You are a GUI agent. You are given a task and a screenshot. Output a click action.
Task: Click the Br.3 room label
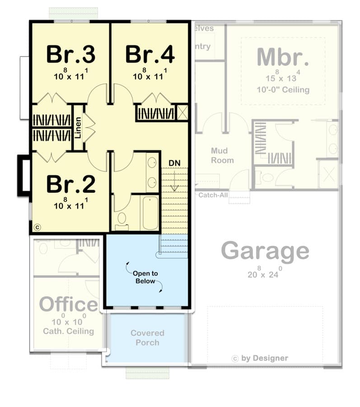click(x=70, y=55)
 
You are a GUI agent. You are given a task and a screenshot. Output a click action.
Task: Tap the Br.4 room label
click(x=150, y=55)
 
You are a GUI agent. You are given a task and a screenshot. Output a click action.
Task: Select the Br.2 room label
click(x=70, y=184)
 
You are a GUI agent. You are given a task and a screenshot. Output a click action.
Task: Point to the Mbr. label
click(x=283, y=57)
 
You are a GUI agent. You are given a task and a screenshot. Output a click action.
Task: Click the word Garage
click(x=265, y=251)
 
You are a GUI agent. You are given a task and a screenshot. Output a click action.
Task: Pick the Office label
click(x=68, y=305)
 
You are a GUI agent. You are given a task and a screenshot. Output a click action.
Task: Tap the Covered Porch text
click(x=147, y=338)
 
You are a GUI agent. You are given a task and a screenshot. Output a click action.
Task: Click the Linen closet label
click(x=78, y=128)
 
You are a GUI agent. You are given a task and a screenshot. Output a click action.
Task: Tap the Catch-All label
click(x=213, y=195)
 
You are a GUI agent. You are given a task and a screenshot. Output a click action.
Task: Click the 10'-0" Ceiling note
click(x=283, y=90)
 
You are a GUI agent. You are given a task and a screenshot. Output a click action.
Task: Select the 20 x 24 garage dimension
click(x=265, y=274)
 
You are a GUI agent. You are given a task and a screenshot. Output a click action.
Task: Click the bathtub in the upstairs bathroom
click(x=150, y=213)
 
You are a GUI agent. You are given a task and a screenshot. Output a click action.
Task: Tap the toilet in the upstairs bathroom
click(x=122, y=220)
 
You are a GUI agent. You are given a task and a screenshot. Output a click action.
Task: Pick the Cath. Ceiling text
click(x=68, y=331)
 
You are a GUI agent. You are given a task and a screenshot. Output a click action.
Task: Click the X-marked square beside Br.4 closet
click(x=182, y=112)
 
